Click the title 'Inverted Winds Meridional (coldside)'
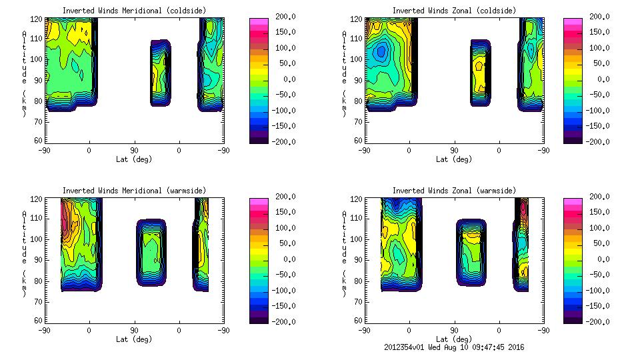[x=134, y=11]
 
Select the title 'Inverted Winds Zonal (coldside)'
[x=454, y=11]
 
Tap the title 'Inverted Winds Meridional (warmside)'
[x=134, y=191]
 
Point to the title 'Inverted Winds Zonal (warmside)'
[x=454, y=191]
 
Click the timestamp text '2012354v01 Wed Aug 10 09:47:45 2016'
[x=454, y=347]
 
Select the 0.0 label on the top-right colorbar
[x=601, y=79]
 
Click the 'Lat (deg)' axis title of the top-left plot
[x=133, y=159]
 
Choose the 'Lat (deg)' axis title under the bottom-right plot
[x=454, y=339]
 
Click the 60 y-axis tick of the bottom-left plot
[x=39, y=319]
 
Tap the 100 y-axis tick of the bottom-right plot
[x=358, y=239]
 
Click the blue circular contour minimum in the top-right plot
[x=381, y=51]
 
